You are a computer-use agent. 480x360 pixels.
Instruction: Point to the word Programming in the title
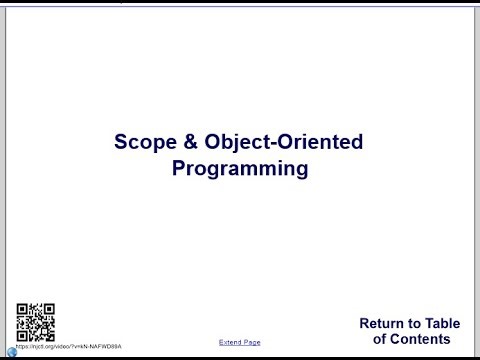pos(239,168)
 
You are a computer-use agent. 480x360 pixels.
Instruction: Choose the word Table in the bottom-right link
pos(441,323)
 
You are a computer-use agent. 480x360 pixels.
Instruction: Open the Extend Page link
pos(239,342)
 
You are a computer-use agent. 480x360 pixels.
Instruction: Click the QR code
pos(36,322)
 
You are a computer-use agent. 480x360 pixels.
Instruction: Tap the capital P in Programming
pos(179,168)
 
